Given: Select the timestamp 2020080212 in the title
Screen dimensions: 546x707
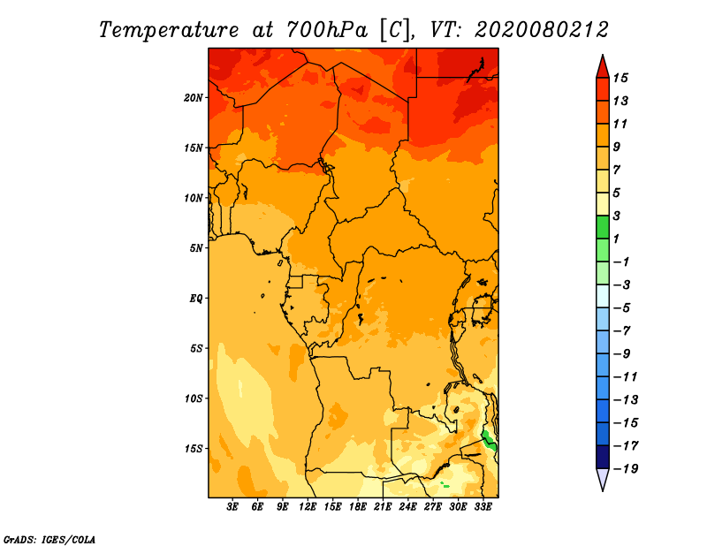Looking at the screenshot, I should point(541,29).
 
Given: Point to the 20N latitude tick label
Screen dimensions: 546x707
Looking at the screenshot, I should point(194,97).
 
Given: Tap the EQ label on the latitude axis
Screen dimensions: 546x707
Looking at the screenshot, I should point(196,298).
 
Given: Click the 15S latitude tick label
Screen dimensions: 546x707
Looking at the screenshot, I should point(194,448).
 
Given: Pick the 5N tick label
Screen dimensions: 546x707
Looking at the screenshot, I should point(196,247).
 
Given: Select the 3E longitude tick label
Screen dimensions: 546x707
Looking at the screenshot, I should point(233,508).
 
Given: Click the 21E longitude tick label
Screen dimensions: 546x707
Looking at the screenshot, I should point(383,508).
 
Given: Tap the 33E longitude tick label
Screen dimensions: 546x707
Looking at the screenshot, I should point(483,508).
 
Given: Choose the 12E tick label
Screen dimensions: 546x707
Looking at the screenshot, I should point(308,508).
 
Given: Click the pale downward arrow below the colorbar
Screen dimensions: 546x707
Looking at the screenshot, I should point(602,479).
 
